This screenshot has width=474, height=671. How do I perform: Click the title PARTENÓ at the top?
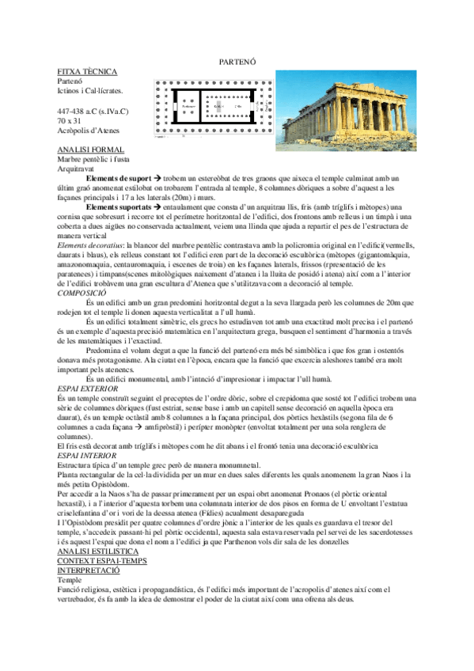click(236, 63)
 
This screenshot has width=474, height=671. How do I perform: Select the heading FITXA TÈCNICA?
click(79, 71)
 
